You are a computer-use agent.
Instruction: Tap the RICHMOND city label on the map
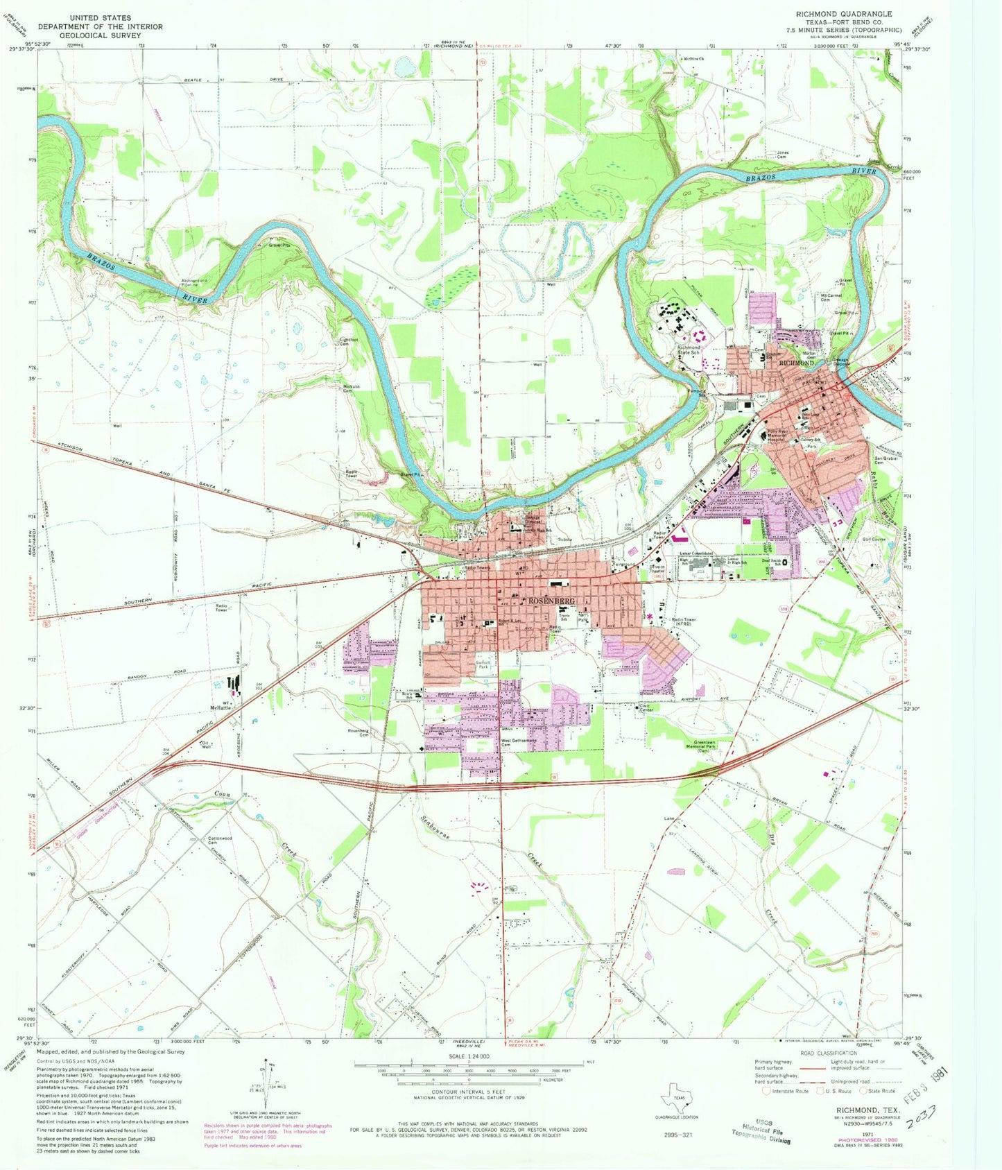tap(796, 363)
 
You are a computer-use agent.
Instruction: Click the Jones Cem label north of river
tap(782, 155)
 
